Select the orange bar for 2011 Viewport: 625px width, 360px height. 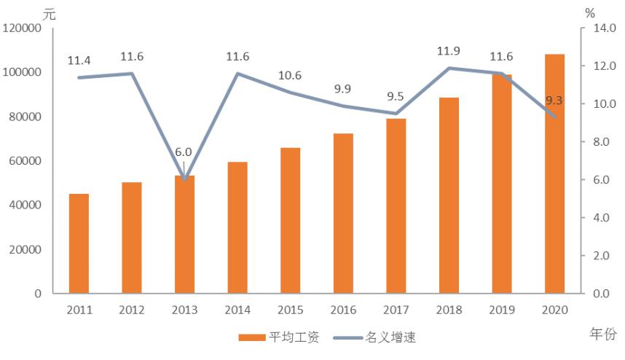(79, 243)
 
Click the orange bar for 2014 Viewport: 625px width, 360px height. (237, 227)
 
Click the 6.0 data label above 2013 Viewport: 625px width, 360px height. (184, 152)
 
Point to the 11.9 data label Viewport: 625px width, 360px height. (449, 51)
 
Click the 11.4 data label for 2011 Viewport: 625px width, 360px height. (78, 60)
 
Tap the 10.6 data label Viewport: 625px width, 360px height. (290, 75)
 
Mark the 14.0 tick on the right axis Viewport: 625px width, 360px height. (602, 28)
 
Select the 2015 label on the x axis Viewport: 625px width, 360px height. (290, 310)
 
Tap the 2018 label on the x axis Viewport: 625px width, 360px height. (449, 310)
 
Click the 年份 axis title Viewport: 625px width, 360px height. (602, 333)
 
